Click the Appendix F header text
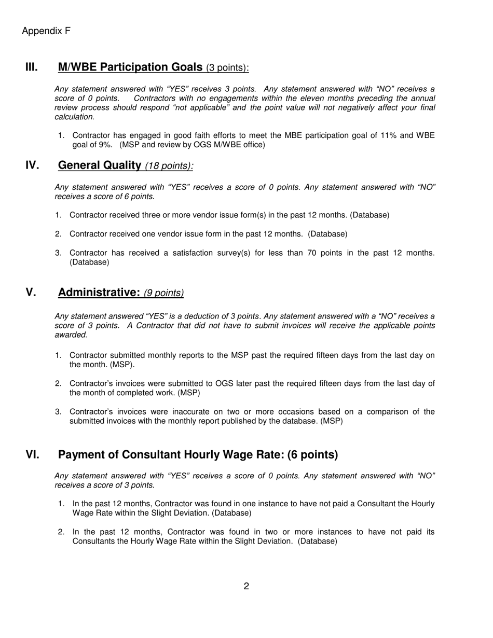[x=46, y=31]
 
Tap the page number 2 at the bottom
[x=246, y=586]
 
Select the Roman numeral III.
[x=32, y=67]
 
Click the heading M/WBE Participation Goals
[x=130, y=67]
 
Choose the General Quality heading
[x=100, y=165]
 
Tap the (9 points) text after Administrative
[x=163, y=293]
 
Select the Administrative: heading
[x=99, y=293]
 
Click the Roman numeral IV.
[x=32, y=165]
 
